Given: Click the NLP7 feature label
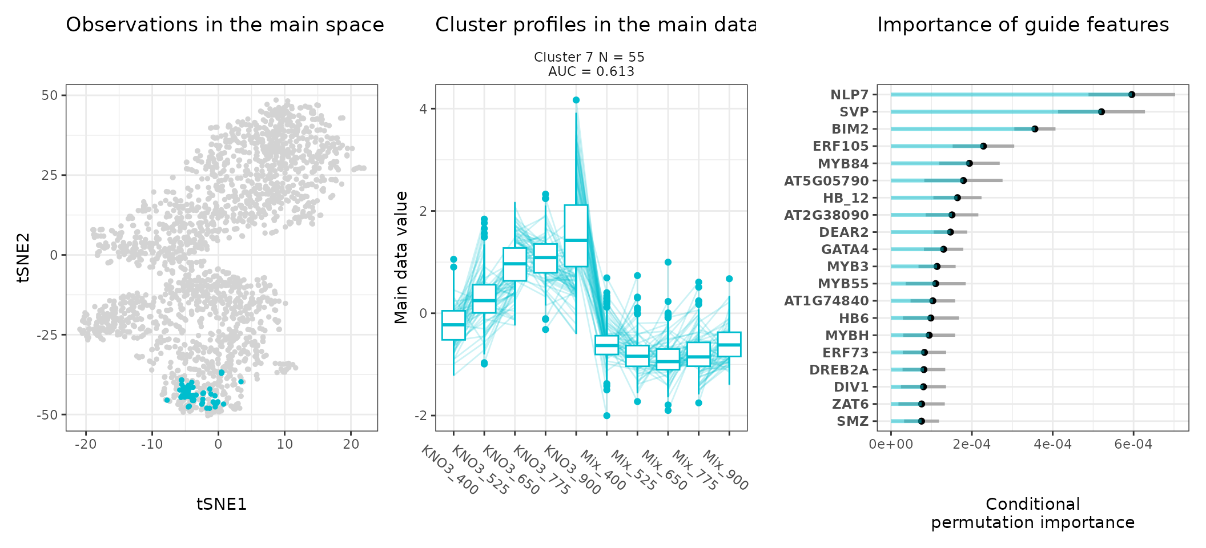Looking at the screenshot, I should click(x=849, y=95).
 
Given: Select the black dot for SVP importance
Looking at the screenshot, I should click(x=1101, y=112).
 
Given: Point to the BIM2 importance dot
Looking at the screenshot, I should click(x=1035, y=129).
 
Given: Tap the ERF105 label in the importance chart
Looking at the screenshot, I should click(x=841, y=146).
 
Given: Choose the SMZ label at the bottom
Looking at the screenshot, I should click(x=853, y=421).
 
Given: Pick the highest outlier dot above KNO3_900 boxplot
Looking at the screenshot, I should click(x=576, y=100).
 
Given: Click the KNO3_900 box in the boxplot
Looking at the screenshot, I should click(x=576, y=235).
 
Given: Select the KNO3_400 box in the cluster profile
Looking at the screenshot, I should click(x=453, y=325).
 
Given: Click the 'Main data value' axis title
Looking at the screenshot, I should click(x=401, y=257).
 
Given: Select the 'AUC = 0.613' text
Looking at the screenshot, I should click(x=591, y=72).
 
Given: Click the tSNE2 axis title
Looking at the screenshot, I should click(x=23, y=257).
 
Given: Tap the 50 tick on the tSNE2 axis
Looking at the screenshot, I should click(x=50, y=95).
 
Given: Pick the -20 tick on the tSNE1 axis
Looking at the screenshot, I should click(x=86, y=444).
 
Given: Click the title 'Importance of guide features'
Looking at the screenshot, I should click(x=1023, y=25).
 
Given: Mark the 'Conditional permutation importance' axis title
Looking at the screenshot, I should click(x=1032, y=513).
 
